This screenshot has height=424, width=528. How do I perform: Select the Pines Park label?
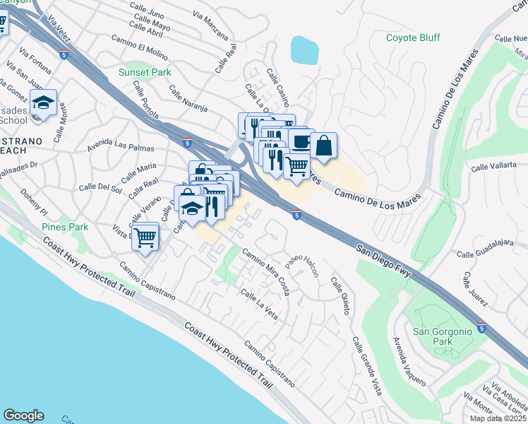pos(65,227)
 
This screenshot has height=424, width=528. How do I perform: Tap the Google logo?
pos(23,416)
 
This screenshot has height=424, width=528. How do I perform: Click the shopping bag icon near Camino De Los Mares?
pos(323,146)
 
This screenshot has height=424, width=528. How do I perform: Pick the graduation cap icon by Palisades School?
pos(44,103)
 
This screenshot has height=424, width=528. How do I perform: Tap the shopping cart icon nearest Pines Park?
pos(145,237)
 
